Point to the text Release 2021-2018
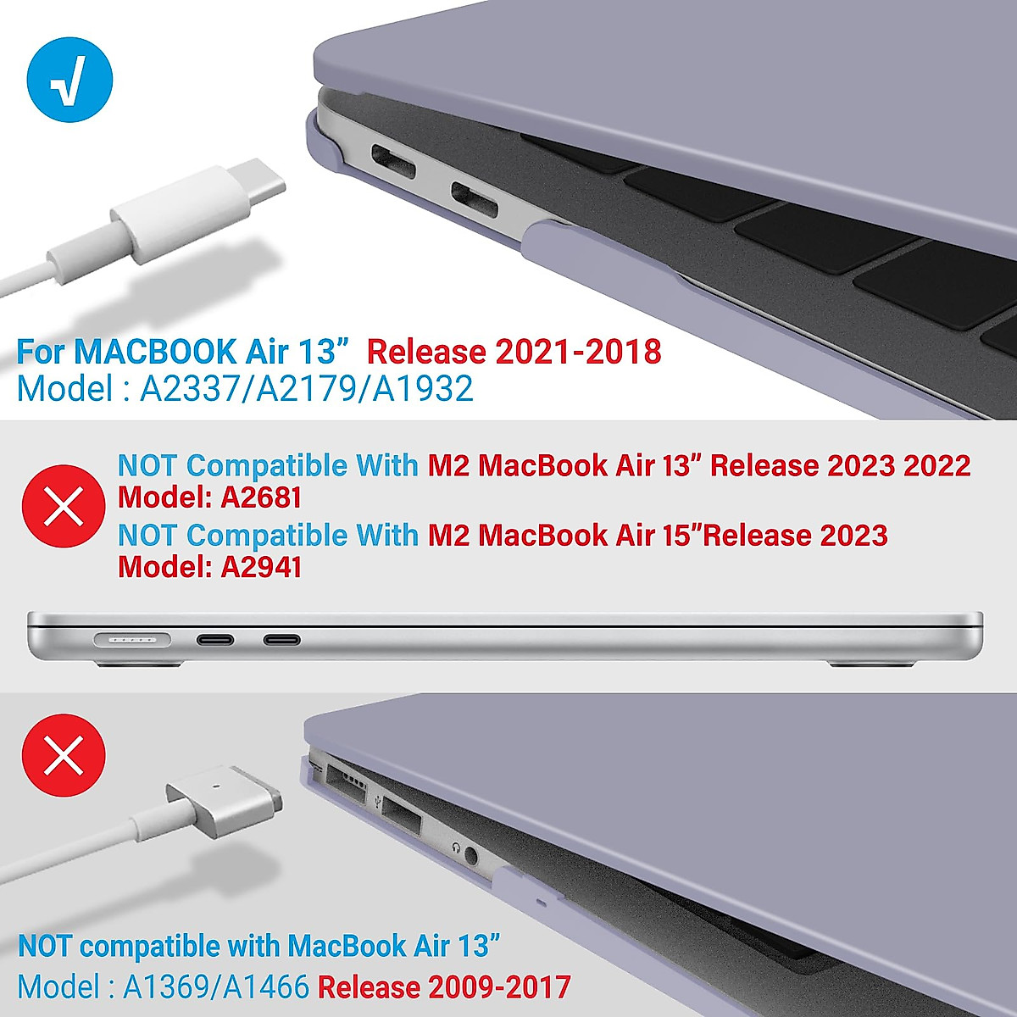(x=514, y=351)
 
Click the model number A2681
(x=260, y=497)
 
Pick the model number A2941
(x=260, y=567)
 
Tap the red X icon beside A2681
(x=64, y=506)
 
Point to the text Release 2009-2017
(x=443, y=987)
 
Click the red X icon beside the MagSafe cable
(x=64, y=754)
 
